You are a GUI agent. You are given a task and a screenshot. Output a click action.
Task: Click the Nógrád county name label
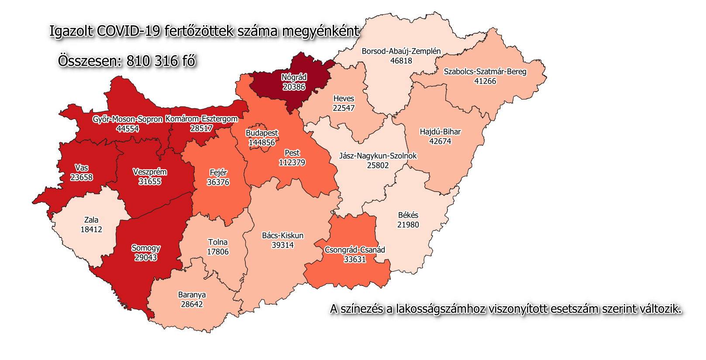tap(294, 77)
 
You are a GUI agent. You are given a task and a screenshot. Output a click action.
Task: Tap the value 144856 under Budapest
tap(262, 143)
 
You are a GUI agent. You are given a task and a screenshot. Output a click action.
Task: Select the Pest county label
tap(292, 153)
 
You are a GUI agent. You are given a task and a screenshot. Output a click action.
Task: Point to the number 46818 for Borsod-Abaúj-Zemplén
tap(401, 61)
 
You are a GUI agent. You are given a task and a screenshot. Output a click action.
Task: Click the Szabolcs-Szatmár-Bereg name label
tap(485, 72)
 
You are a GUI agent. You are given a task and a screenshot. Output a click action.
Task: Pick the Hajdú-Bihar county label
tap(440, 132)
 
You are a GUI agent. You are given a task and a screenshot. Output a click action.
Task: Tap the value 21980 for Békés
tap(408, 225)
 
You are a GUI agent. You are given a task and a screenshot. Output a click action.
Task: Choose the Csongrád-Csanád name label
tap(355, 250)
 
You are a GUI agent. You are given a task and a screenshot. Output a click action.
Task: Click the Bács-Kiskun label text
tap(282, 236)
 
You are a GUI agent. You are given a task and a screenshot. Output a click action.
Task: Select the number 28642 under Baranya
tap(192, 304)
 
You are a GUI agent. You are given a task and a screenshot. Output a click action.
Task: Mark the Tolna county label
tap(217, 242)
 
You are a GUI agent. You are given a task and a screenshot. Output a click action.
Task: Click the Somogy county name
tap(146, 248)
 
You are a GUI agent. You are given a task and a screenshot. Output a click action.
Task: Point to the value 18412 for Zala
tap(91, 230)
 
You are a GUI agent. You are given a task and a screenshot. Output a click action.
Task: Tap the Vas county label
tap(82, 168)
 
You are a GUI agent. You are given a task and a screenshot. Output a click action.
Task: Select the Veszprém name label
tap(150, 172)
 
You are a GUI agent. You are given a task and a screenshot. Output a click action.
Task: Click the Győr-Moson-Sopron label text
tap(127, 119)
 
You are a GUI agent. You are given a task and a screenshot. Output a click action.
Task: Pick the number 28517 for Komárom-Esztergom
tap(201, 128)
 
